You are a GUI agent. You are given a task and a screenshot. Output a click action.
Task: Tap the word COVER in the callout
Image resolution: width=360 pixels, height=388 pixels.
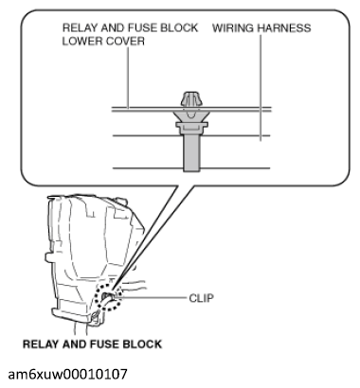(x=125, y=41)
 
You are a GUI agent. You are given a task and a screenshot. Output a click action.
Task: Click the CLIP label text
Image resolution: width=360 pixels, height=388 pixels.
(x=201, y=298)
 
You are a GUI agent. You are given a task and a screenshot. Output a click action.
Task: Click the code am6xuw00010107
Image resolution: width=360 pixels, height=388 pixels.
(x=68, y=374)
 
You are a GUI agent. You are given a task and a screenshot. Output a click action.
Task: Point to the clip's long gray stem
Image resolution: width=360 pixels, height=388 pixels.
(x=191, y=152)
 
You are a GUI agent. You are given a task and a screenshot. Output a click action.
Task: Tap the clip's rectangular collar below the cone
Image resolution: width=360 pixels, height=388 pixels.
(x=191, y=128)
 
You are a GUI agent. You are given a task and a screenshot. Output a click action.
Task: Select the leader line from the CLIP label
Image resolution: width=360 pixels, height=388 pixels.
(x=151, y=297)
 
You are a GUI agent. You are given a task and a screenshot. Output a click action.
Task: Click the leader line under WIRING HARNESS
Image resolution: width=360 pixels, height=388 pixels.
(x=261, y=87)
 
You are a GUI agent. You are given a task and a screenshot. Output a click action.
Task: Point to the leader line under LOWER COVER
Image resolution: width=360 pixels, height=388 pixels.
(x=128, y=78)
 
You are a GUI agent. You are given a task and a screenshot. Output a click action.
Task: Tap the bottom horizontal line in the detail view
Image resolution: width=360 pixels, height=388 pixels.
(x=191, y=168)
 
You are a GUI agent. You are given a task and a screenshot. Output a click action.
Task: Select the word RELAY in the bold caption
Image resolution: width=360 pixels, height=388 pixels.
(x=42, y=344)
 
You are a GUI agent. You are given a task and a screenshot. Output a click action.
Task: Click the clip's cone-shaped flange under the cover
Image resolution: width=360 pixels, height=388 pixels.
(x=191, y=116)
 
